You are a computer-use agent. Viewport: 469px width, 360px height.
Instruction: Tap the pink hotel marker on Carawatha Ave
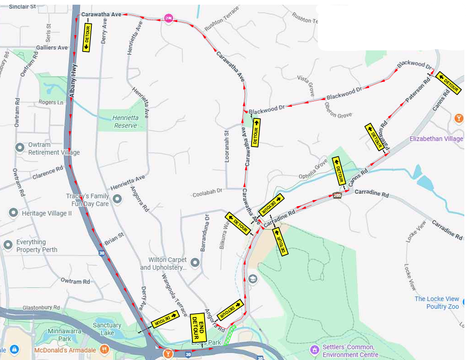click(169, 18)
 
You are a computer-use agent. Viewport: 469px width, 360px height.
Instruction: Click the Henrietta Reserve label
click(125, 122)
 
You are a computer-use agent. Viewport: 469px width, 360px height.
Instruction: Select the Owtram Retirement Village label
click(54, 148)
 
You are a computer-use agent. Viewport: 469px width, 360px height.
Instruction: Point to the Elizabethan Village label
click(436, 139)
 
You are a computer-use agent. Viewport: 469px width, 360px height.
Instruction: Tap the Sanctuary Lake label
click(107, 329)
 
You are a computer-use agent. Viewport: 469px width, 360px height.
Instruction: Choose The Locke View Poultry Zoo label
click(437, 302)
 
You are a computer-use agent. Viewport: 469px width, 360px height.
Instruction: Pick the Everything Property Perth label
click(37, 246)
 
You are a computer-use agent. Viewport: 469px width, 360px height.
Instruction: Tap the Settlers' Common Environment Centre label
click(350, 351)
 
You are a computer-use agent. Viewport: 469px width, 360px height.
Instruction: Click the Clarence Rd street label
click(47, 173)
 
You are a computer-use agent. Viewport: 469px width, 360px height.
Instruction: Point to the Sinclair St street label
click(22, 7)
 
